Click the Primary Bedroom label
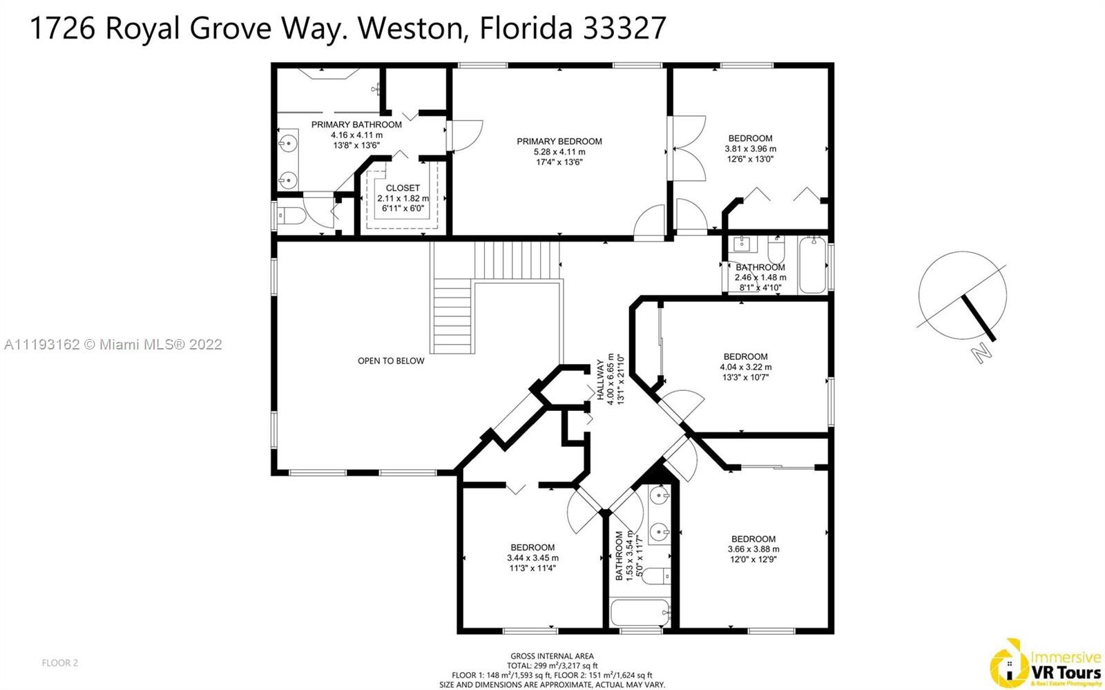(x=559, y=142)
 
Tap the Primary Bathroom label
(x=356, y=125)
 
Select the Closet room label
(x=403, y=188)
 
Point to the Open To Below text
(x=391, y=361)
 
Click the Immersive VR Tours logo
(x=1046, y=664)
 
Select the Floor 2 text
(x=59, y=663)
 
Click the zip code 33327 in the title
(x=624, y=28)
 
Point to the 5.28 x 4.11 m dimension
(x=559, y=152)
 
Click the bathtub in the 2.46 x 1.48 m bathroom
(x=812, y=265)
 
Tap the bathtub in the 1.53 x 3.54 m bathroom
(x=640, y=612)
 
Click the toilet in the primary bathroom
(x=291, y=215)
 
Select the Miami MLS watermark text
(x=113, y=344)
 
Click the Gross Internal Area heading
(x=552, y=656)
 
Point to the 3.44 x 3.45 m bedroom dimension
(x=532, y=558)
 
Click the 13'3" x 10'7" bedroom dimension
(x=745, y=378)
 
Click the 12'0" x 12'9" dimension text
(x=753, y=559)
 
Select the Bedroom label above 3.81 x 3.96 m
(x=750, y=139)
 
